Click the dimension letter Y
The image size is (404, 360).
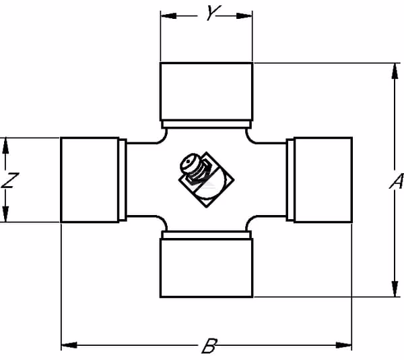tap(213, 13)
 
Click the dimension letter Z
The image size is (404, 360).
tap(10, 180)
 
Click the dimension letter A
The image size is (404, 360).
tap(397, 181)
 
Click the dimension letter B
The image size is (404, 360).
tap(209, 345)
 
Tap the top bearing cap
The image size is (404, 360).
tap(207, 92)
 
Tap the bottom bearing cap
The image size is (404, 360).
tap(207, 268)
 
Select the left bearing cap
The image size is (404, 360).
tap(90, 180)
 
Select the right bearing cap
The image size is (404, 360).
tap(323, 180)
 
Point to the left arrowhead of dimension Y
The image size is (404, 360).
tap(168, 16)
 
